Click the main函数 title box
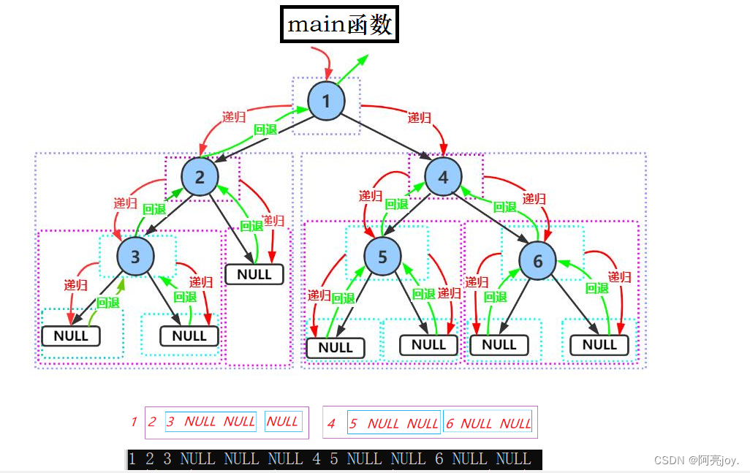click(x=340, y=24)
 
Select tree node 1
click(x=326, y=101)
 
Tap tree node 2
click(x=200, y=177)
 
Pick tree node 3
click(x=136, y=256)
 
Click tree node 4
click(x=443, y=177)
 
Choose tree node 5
click(x=383, y=256)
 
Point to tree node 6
click(x=538, y=260)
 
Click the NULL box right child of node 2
click(x=254, y=274)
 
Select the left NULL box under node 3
click(x=71, y=336)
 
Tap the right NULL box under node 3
click(x=189, y=336)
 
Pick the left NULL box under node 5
click(x=336, y=347)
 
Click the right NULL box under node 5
click(x=428, y=344)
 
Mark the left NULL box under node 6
click(x=499, y=344)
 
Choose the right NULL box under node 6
click(x=599, y=344)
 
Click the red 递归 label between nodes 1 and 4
click(x=419, y=118)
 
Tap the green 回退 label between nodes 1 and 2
click(x=265, y=130)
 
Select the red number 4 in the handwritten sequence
click(x=331, y=423)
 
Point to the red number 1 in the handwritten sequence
click(x=134, y=421)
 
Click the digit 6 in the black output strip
click(x=439, y=459)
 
